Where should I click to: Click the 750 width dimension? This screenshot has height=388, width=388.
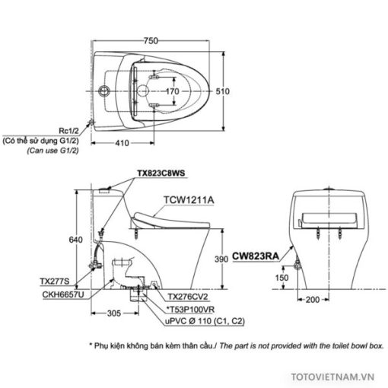(151, 40)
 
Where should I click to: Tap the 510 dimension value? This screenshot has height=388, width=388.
(222, 91)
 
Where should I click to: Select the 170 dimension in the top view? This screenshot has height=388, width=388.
(173, 91)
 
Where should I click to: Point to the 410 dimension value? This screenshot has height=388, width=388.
(122, 143)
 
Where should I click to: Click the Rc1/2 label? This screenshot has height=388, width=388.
(68, 131)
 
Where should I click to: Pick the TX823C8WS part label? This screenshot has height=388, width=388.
(161, 173)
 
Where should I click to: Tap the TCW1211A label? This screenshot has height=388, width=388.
(189, 200)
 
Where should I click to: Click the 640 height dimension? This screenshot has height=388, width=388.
(76, 240)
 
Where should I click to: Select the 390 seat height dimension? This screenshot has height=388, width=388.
(221, 259)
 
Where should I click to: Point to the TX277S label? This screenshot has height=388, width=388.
(55, 281)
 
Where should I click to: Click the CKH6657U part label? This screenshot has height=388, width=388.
(63, 294)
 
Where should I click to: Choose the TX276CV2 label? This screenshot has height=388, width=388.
(188, 297)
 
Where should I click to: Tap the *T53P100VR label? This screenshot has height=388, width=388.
(190, 310)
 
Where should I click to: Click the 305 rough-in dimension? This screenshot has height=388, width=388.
(114, 313)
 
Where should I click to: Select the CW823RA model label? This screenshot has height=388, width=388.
(256, 256)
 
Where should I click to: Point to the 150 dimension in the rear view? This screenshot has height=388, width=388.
(281, 278)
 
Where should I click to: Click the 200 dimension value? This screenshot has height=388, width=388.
(313, 300)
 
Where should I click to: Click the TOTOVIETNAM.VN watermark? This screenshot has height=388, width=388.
(332, 377)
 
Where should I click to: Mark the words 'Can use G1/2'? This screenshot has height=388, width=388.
(53, 151)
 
